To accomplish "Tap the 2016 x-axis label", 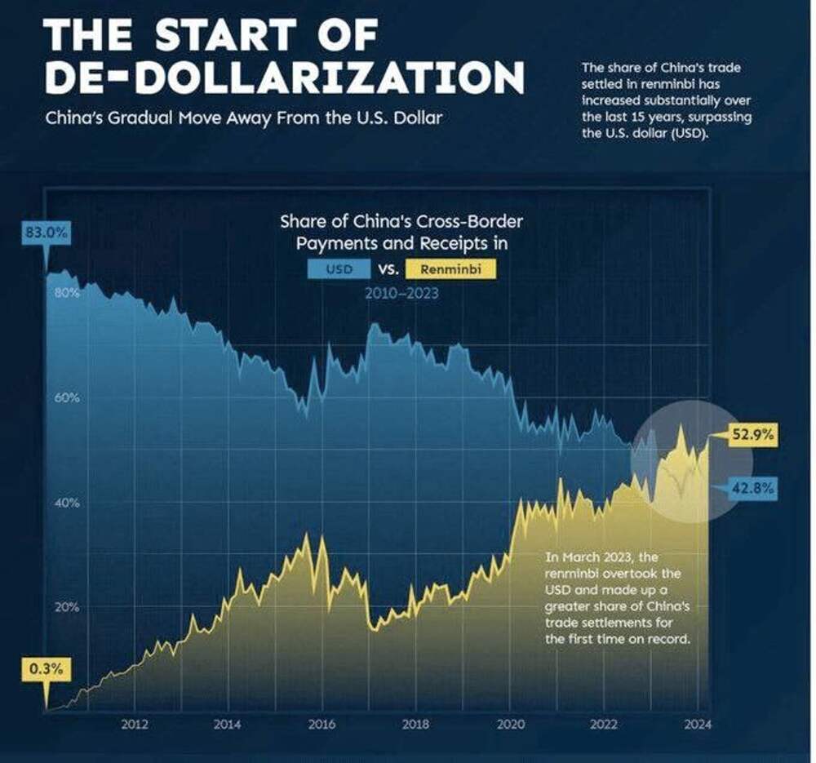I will pyautogui.click(x=322, y=724).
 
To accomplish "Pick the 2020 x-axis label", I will pyautogui.click(x=510, y=724).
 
